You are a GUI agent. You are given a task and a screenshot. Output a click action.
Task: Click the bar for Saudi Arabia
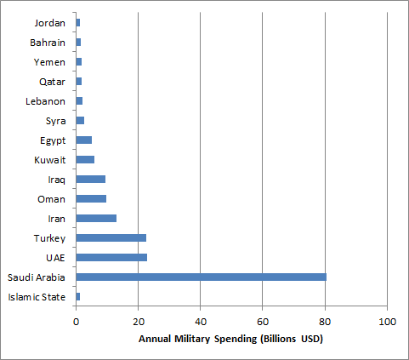pyautogui.click(x=201, y=277)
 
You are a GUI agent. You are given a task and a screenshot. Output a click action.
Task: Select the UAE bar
pyautogui.click(x=111, y=257)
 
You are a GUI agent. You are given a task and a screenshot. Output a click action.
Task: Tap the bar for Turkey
pyautogui.click(x=111, y=237)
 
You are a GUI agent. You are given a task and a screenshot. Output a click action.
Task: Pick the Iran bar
pyautogui.click(x=96, y=218)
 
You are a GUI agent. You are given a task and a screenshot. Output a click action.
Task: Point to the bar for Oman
pyautogui.click(x=91, y=198)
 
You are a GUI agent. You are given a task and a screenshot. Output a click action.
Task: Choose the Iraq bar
pyautogui.click(x=90, y=179)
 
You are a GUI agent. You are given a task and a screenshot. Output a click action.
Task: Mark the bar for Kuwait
pyautogui.click(x=85, y=159)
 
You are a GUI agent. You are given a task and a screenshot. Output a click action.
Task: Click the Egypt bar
pyautogui.click(x=83, y=140)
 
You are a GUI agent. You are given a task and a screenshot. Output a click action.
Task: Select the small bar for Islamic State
pyautogui.click(x=78, y=296)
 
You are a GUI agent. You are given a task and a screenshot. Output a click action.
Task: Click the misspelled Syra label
pyautogui.click(x=56, y=120)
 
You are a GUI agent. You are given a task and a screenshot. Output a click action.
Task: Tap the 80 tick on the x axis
pyautogui.click(x=325, y=323)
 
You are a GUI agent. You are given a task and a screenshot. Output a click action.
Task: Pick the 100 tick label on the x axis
pyautogui.click(x=387, y=323)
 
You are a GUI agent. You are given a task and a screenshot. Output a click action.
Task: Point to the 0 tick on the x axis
pyautogui.click(x=77, y=323)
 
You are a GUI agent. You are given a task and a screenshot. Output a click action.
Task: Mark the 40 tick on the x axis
pyautogui.click(x=201, y=323)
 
